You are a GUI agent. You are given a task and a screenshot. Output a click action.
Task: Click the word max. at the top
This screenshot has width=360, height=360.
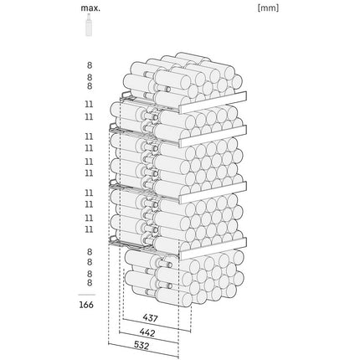click(90, 8)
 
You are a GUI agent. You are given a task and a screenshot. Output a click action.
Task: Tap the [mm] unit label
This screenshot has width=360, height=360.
click(268, 8)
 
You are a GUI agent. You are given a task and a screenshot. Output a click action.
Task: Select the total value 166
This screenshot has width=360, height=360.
click(86, 305)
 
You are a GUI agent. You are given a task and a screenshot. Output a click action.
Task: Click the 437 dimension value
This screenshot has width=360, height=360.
click(151, 317)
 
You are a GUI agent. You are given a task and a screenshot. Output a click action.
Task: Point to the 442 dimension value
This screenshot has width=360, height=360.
click(147, 332)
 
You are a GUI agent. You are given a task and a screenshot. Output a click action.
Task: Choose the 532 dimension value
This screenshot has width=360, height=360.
click(141, 346)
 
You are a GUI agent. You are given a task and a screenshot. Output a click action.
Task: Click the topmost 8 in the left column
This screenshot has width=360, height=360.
click(90, 65)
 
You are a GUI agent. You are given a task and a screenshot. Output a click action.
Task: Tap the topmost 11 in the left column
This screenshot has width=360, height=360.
click(89, 105)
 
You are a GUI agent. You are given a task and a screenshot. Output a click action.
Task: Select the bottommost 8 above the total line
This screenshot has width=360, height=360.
click(90, 283)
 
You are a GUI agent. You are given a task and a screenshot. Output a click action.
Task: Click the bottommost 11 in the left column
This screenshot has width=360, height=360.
click(89, 229)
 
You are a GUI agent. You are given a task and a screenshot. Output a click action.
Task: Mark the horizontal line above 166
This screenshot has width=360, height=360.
click(86, 295)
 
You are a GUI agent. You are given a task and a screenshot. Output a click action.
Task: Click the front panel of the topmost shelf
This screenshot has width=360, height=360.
click(213, 102)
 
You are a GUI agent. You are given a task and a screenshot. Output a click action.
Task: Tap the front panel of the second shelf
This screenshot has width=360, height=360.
click(213, 136)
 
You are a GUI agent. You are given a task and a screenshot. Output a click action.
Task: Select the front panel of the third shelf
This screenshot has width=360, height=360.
click(213, 193)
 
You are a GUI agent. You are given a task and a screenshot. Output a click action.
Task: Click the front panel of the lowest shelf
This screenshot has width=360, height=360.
click(213, 249)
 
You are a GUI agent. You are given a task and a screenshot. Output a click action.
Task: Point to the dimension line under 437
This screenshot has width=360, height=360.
click(157, 326)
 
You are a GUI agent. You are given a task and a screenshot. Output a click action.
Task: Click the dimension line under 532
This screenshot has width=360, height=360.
click(143, 350)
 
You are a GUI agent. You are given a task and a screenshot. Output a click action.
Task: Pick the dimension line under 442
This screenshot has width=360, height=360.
click(149, 337)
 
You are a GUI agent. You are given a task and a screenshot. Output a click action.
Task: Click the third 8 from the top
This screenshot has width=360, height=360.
click(90, 86)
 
